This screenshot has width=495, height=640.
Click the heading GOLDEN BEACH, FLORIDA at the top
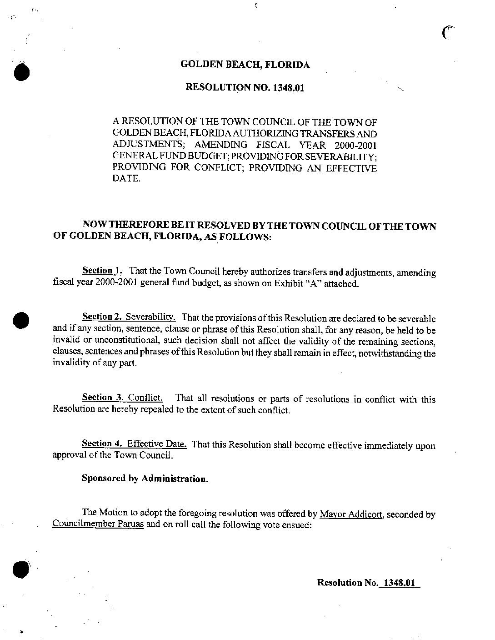[x=245, y=65]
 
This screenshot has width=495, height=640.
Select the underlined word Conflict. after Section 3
[x=145, y=397]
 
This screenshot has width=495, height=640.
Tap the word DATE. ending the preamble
[x=126, y=179]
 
